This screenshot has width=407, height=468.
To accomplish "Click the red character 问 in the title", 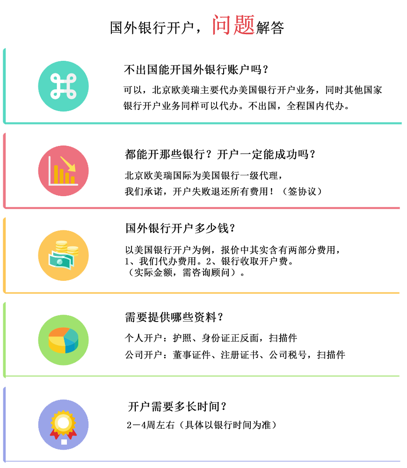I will click(x=222, y=25).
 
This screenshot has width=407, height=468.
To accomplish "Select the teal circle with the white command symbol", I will click(x=63, y=86).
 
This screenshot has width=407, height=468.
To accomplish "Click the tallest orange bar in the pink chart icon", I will click(x=56, y=174).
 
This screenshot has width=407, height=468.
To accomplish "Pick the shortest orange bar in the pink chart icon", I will click(x=73, y=180).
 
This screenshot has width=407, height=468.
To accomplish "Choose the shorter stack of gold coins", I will click(x=73, y=250).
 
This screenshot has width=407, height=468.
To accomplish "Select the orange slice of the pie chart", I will click(x=58, y=332).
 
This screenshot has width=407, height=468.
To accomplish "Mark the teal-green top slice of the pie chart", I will click(x=71, y=335).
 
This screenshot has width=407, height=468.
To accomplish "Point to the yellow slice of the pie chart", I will click(x=57, y=345).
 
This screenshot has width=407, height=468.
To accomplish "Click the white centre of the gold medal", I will click(x=63, y=423).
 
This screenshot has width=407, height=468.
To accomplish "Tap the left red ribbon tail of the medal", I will click(x=54, y=435).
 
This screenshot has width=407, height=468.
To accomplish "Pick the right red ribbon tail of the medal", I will click(x=72, y=435).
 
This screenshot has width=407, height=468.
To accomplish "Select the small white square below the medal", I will click(x=64, y=442).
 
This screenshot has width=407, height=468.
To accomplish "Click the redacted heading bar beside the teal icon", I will click(x=196, y=70).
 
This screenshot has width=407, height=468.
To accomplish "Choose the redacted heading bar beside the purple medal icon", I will click(x=177, y=406).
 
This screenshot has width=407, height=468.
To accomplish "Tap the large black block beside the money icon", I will click(x=232, y=261).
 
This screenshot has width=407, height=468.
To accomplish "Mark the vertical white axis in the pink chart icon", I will click(x=50, y=170).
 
